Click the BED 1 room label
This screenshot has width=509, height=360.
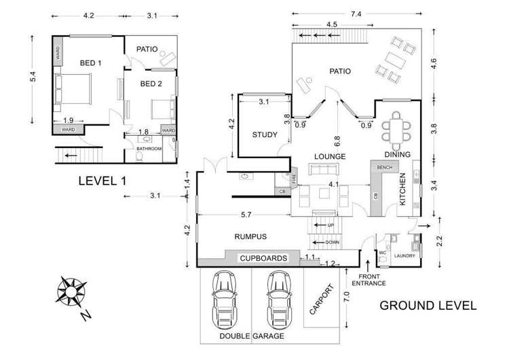[90, 63]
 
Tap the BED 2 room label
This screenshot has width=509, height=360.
[151, 84]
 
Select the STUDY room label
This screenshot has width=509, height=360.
[265, 134]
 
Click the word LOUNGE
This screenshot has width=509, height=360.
[331, 156]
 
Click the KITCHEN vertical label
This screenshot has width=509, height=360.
[402, 190]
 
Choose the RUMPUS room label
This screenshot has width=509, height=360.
[251, 236]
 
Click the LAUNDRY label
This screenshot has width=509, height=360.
[405, 255]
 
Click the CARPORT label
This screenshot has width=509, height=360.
[322, 300]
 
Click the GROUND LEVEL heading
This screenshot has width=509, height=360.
[427, 306]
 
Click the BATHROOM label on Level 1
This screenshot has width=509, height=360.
[149, 147]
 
